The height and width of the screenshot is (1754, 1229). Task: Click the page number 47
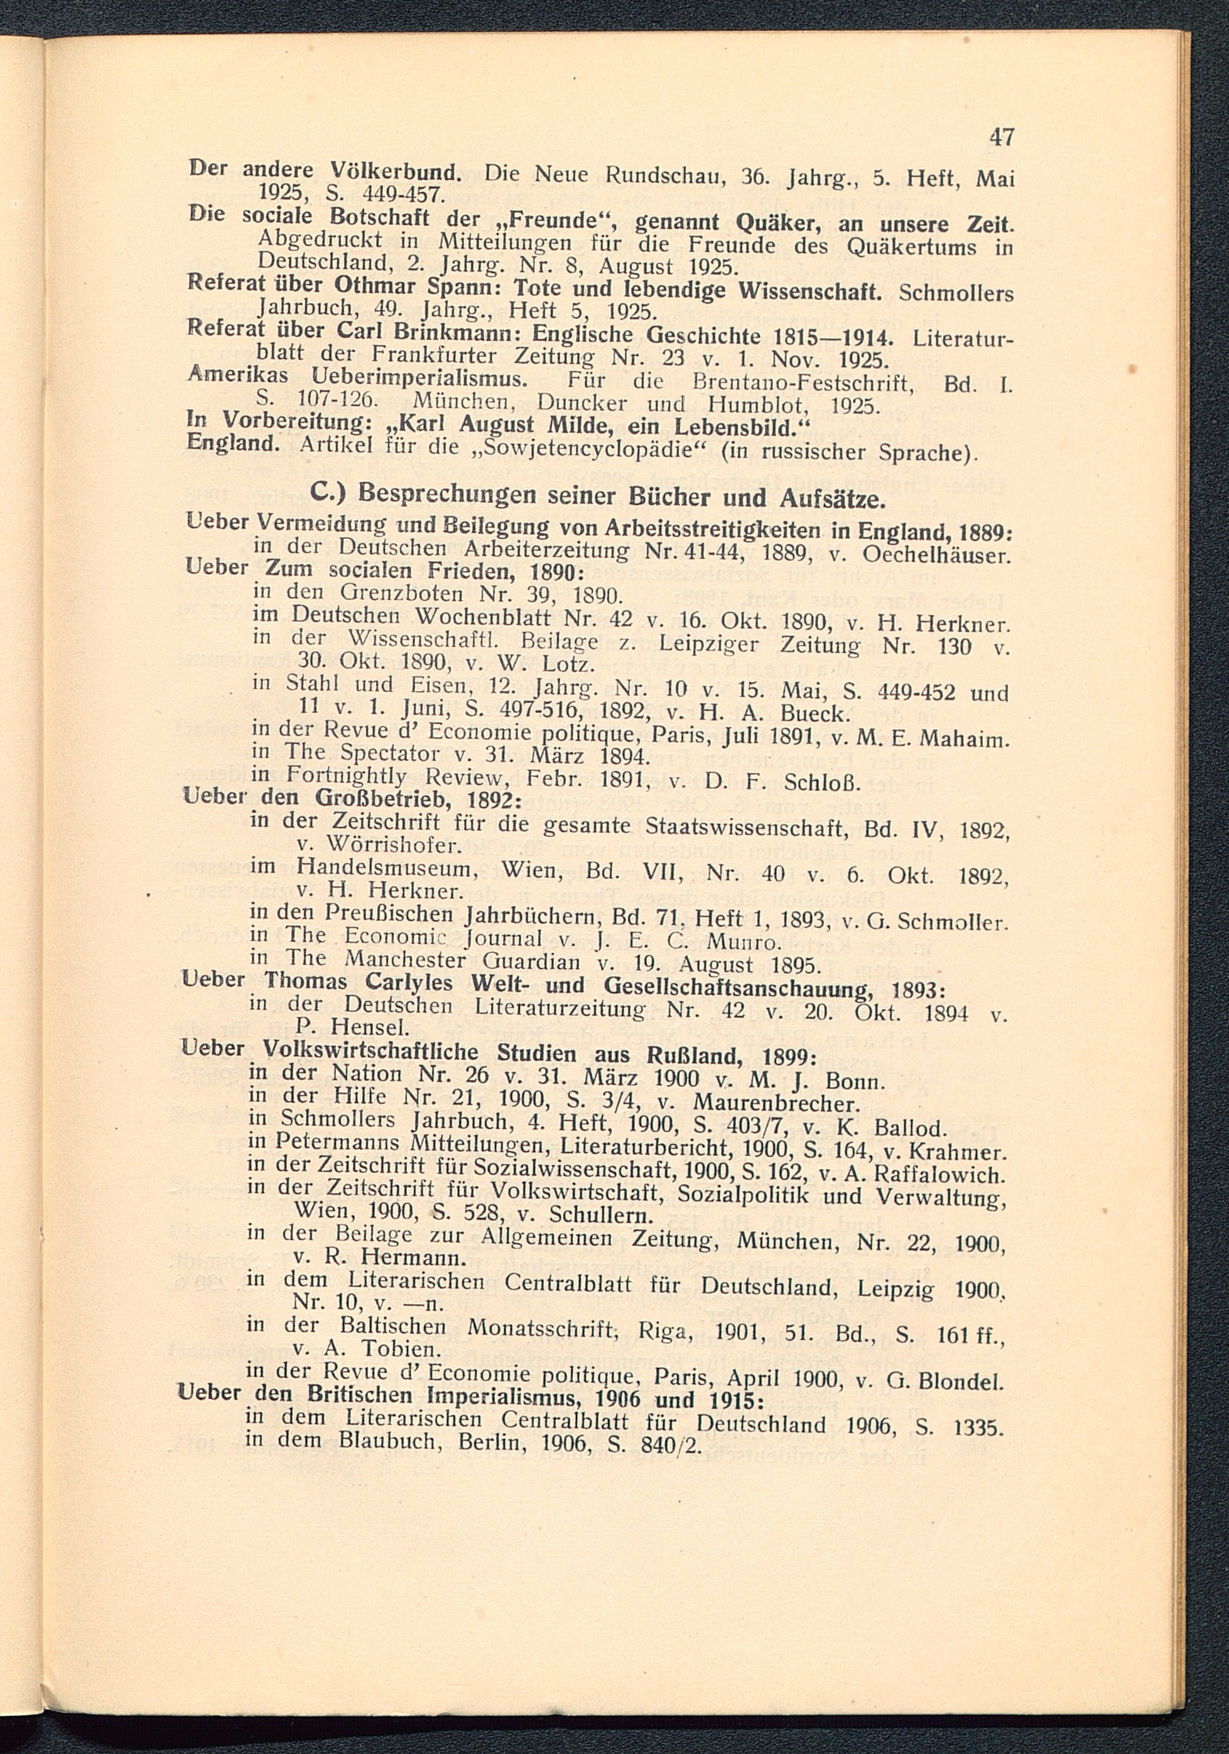coord(1001,137)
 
